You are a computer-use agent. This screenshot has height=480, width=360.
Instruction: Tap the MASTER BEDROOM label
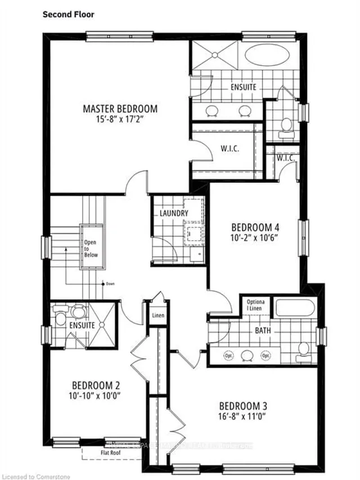coord(120,108)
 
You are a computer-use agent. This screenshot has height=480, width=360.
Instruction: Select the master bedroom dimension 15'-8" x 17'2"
coord(120,119)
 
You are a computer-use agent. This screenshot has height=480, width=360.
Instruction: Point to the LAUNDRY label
coord(173,214)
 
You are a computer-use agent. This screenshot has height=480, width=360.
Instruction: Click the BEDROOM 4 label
coord(256,227)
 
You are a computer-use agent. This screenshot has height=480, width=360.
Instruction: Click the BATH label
coord(262,331)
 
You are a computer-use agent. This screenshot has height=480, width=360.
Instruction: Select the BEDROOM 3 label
coord(243,406)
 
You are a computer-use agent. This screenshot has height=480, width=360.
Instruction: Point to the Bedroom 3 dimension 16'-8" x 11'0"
coord(243,418)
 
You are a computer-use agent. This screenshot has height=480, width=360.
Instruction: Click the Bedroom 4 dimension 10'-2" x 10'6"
coord(256,239)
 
